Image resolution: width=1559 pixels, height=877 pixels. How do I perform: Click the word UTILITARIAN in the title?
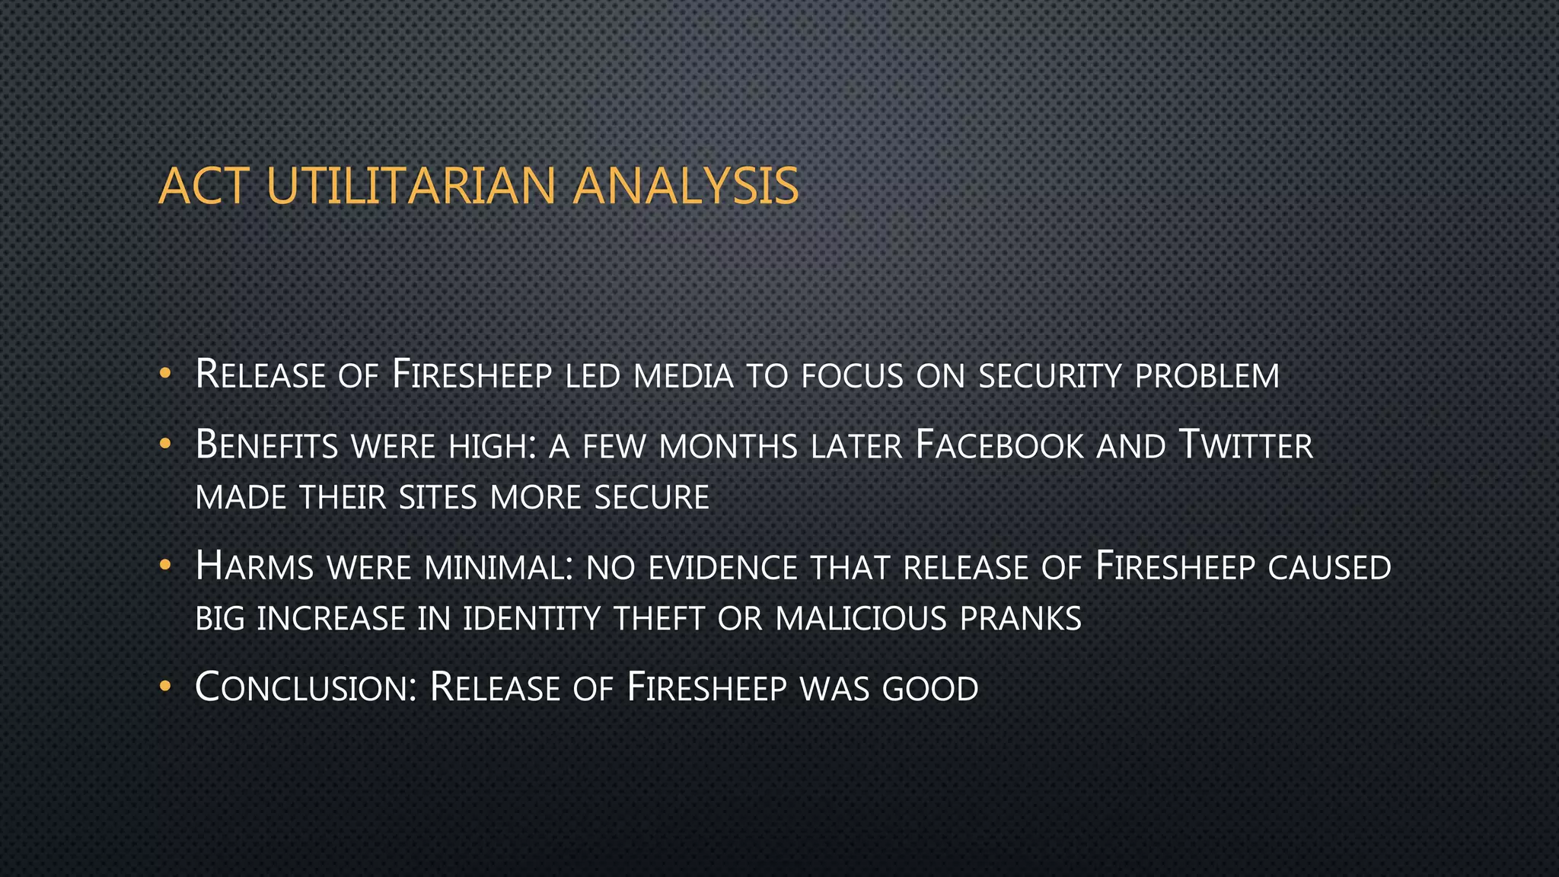(411, 187)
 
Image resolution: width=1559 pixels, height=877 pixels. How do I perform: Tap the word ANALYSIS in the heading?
(685, 187)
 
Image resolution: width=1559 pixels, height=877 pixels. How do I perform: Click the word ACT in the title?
(204, 187)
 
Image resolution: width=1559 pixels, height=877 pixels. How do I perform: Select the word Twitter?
(1245, 445)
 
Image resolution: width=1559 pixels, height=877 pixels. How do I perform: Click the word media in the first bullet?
(683, 376)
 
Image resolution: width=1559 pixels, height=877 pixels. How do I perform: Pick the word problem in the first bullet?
(1207, 376)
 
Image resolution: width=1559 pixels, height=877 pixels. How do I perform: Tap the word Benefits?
(266, 445)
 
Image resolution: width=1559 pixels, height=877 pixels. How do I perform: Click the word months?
(728, 447)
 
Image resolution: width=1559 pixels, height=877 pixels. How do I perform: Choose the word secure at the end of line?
(652, 498)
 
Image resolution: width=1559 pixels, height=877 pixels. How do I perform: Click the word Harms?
(254, 567)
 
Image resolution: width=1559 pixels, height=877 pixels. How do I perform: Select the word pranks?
(1020, 618)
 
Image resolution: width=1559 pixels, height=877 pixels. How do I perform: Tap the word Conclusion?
(305, 687)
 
